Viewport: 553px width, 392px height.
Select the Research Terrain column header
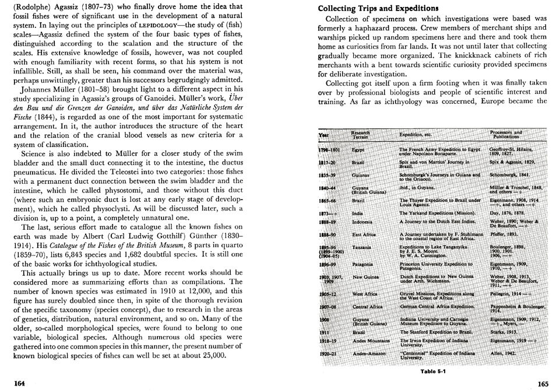coord(361,135)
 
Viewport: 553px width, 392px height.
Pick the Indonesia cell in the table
coord(362,222)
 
